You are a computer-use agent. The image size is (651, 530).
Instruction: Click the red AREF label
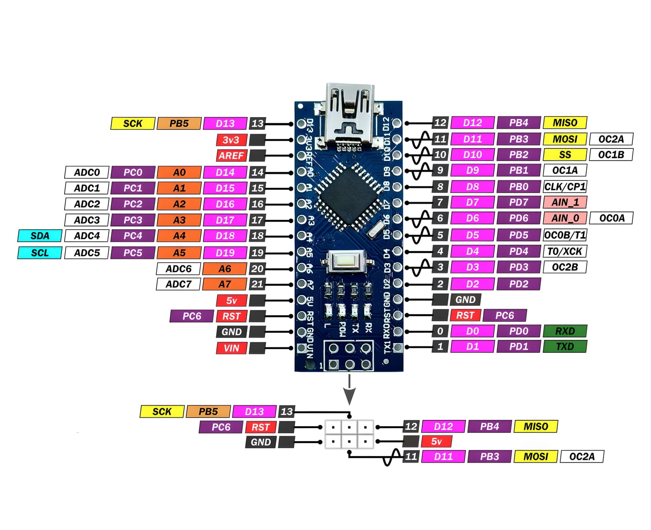point(231,156)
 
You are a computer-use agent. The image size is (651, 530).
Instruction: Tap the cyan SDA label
point(40,236)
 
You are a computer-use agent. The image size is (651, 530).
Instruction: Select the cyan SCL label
point(40,253)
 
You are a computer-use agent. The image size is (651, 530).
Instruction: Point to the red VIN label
point(231,348)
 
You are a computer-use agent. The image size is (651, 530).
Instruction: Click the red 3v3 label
point(231,140)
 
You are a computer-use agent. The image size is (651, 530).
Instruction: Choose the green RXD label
point(565,331)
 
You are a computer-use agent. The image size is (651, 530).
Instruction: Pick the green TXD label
point(565,346)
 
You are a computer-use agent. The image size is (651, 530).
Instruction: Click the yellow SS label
point(565,155)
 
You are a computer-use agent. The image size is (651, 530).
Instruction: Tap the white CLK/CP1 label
point(565,187)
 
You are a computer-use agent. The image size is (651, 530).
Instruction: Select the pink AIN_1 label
point(565,202)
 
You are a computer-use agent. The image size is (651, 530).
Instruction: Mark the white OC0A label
point(611,218)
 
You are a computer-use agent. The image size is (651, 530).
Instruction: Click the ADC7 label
point(179,284)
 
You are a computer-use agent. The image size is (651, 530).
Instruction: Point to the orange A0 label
point(179,172)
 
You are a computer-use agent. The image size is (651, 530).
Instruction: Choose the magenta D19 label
point(225,253)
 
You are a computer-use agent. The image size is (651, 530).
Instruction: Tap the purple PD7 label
point(518,202)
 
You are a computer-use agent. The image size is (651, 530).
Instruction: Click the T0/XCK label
point(565,252)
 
